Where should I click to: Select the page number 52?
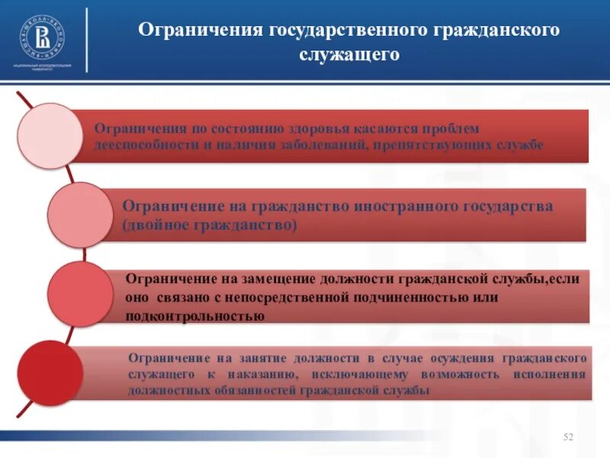(x=567, y=436)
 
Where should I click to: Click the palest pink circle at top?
(x=50, y=136)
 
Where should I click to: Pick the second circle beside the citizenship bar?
(x=81, y=214)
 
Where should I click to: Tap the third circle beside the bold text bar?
(x=79, y=295)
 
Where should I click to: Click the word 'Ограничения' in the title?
(x=200, y=31)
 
